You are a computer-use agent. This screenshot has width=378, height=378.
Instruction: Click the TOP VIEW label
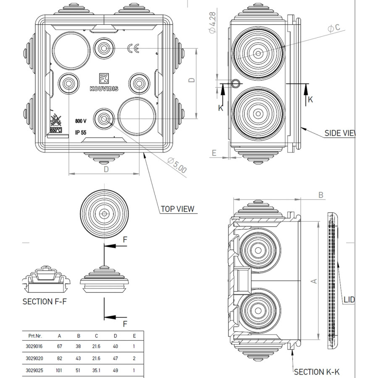coord(178,209)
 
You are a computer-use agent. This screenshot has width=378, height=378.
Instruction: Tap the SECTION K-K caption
coord(317,372)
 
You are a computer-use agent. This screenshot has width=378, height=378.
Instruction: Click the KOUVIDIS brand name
coord(104,89)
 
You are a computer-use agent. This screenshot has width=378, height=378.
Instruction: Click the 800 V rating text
coord(81,121)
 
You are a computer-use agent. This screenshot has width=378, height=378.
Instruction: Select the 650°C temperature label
coord(56,130)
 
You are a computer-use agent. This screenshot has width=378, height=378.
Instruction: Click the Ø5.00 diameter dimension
coord(177,166)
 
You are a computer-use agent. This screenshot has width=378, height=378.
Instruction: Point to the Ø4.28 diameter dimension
coord(213,23)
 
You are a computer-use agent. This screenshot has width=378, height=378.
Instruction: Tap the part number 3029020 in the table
coord(34,358)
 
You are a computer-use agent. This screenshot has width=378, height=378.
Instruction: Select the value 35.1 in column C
coord(97,370)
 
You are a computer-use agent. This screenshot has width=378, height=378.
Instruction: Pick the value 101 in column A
coord(59,370)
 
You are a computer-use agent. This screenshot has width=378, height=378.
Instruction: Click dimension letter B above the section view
coord(320,195)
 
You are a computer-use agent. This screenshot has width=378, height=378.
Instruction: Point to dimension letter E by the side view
coord(214,152)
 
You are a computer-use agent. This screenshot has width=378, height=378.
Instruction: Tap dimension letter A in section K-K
coord(313,280)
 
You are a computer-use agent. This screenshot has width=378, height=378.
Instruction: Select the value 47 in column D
coord(115,358)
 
